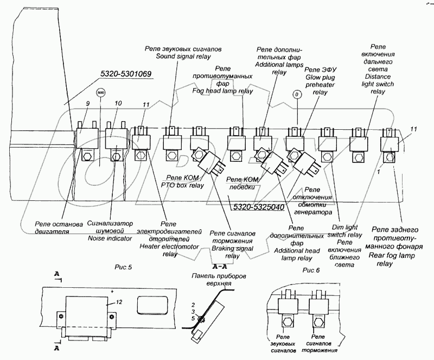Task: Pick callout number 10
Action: click(118, 103)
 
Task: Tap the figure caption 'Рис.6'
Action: click(312, 270)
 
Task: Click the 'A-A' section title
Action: click(220, 268)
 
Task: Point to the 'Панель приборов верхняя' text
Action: click(218, 280)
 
